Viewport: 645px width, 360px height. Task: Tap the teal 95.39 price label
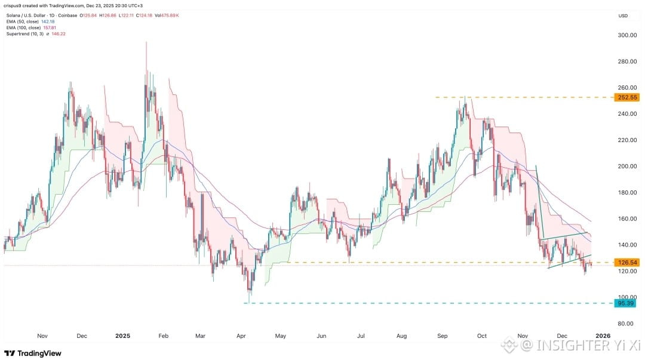pyautogui.click(x=625, y=303)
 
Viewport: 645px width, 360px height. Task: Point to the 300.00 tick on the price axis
pyautogui.click(x=627, y=35)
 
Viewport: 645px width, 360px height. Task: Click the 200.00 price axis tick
pyautogui.click(x=627, y=166)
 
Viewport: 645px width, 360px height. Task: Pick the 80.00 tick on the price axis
pyautogui.click(x=625, y=324)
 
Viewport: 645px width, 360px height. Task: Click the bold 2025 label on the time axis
pyautogui.click(x=122, y=336)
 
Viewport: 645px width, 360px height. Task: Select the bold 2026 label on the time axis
pyautogui.click(x=603, y=336)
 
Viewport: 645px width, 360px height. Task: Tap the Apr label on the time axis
pyautogui.click(x=241, y=336)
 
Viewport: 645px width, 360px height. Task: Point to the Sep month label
pyautogui.click(x=442, y=336)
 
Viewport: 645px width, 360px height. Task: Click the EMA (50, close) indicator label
pyautogui.click(x=23, y=21)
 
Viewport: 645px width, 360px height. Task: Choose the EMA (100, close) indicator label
pyautogui.click(x=23, y=27)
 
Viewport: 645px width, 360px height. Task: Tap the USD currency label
pyautogui.click(x=623, y=16)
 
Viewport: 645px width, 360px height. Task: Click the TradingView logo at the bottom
pyautogui.click(x=33, y=353)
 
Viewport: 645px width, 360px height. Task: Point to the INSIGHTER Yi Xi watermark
pyautogui.click(x=571, y=345)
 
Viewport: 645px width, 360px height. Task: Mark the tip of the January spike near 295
pyautogui.click(x=146, y=42)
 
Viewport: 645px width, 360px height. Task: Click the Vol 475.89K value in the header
pyautogui.click(x=167, y=15)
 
